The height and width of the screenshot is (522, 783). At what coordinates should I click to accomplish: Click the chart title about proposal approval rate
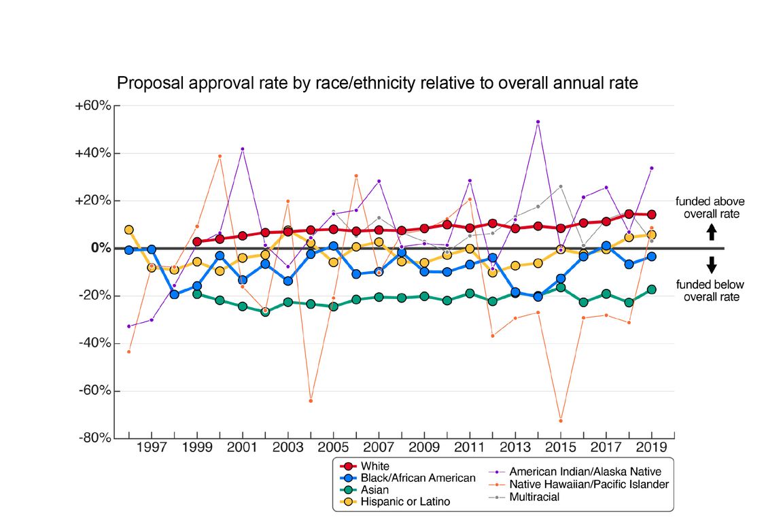(377, 84)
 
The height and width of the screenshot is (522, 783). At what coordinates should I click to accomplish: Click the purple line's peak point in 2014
(538, 122)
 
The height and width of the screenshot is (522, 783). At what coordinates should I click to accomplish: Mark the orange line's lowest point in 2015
(561, 421)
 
